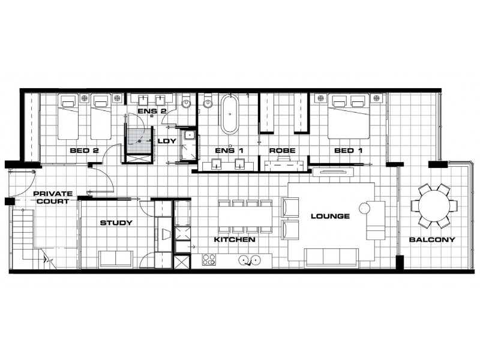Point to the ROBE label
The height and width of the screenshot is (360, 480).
[x=282, y=150]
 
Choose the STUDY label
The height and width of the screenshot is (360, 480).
[x=116, y=223]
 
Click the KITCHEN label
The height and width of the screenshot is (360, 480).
[x=235, y=239]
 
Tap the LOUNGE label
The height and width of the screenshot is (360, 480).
[x=329, y=216]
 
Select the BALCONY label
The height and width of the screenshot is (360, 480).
[x=432, y=239]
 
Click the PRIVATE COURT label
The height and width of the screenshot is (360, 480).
[x=53, y=197]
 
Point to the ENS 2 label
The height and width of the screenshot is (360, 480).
[x=147, y=111]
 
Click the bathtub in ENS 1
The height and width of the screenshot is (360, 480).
[x=229, y=114]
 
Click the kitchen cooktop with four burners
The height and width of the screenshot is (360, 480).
[x=209, y=260]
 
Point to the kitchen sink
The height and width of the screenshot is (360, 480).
[x=249, y=260]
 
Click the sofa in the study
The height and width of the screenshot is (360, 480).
[x=116, y=259]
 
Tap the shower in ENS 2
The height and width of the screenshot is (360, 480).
[x=139, y=140]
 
